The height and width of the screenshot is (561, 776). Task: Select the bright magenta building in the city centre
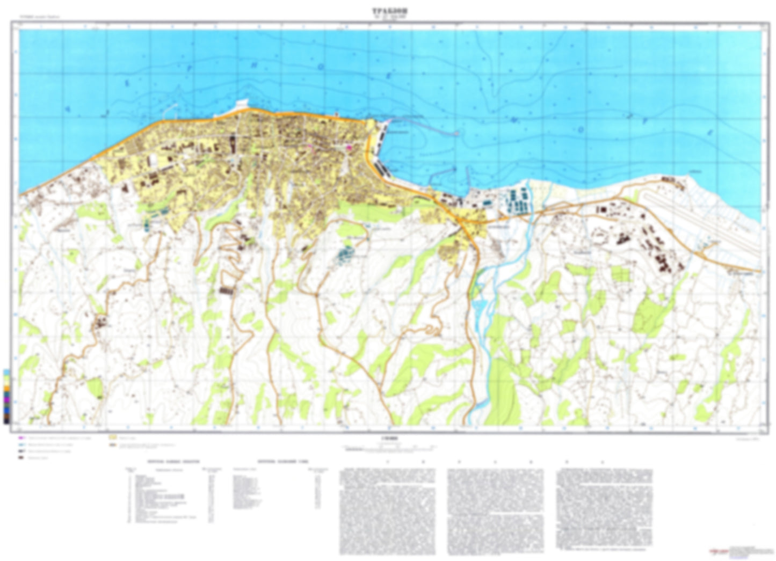pos(348,147)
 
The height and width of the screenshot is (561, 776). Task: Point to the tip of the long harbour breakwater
pos(457,133)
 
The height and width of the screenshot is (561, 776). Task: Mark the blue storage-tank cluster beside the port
pos(516,201)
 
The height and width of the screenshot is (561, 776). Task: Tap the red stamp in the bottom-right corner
pos(717,550)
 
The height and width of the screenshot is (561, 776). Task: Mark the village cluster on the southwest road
pos(100,323)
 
